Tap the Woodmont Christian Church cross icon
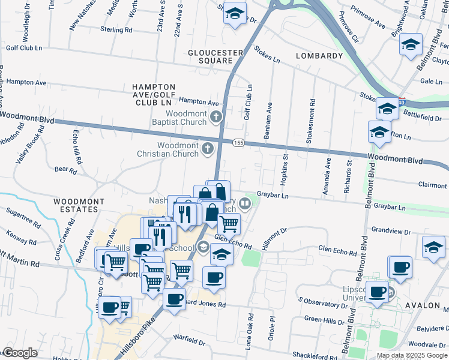coord(208,148)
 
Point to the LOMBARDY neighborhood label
coord(319,56)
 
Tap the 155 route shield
coord(238,142)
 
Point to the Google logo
coord(20,353)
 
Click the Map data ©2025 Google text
coord(411,355)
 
